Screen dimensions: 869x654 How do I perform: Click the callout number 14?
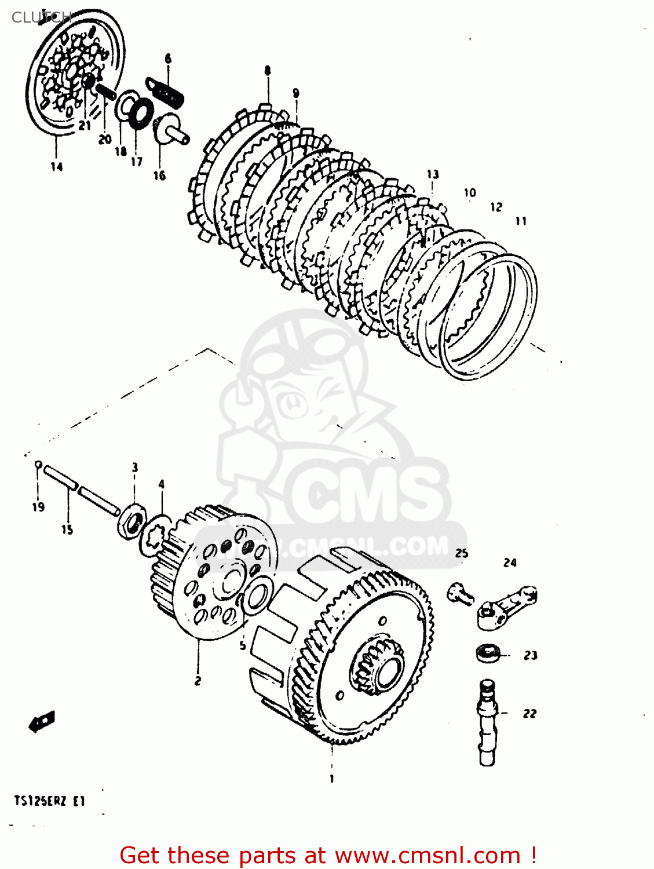[x=56, y=167]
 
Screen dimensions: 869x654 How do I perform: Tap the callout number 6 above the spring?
[x=168, y=59]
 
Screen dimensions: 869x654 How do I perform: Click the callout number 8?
[x=267, y=71]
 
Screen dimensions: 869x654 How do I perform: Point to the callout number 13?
[x=433, y=174]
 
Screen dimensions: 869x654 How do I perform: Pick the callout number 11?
[x=521, y=221]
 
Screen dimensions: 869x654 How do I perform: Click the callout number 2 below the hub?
[x=198, y=681]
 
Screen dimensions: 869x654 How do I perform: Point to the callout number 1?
[x=332, y=779]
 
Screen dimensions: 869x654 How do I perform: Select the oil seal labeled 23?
[x=488, y=653]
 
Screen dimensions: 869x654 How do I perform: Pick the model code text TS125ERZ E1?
[x=50, y=802]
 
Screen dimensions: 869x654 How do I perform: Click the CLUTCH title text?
[x=41, y=17]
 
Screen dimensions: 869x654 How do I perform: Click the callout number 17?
[x=136, y=161]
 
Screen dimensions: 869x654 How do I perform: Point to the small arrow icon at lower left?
[x=42, y=721]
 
